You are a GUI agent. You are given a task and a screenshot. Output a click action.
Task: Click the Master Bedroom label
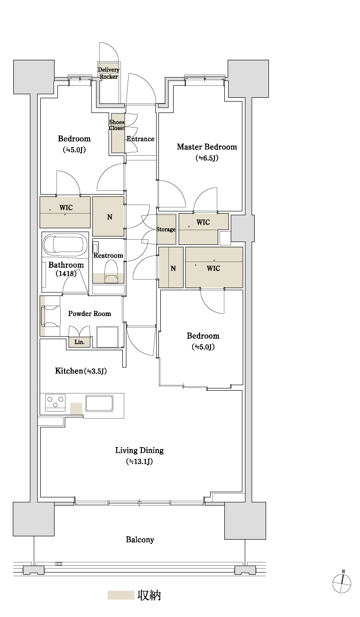coord(207,147)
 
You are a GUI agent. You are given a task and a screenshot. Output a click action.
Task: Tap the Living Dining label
coord(139,450)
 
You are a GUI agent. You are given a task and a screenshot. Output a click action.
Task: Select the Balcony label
coord(140,540)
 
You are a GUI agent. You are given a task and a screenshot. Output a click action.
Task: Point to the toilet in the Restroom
coord(111,271)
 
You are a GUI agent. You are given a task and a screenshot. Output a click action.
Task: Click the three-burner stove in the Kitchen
coord(55,402)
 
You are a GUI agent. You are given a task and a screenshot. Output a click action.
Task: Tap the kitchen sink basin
coord(99,403)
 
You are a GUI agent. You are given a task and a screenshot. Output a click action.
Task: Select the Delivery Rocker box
coord(109,73)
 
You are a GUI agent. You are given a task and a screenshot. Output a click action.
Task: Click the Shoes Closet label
coord(117,125)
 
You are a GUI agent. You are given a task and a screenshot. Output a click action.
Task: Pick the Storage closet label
coord(166,229)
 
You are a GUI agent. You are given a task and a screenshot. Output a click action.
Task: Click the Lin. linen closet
coord(79,342)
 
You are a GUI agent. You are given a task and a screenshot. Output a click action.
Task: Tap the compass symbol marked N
coord(342,583)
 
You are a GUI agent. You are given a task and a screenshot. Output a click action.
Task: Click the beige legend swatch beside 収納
coord(120,595)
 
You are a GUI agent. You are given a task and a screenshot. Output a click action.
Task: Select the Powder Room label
coord(90,313)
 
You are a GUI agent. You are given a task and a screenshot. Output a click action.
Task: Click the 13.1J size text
coord(139,461)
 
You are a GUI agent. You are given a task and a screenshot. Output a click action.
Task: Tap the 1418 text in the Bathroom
coord(66,273)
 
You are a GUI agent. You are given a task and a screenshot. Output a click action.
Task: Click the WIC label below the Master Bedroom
coord(203,222)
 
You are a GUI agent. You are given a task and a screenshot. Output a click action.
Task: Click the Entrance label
coord(140,139)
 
